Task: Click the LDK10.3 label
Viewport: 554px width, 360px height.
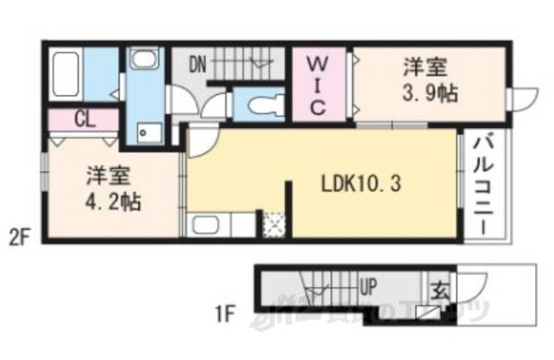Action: pyautogui.click(x=361, y=184)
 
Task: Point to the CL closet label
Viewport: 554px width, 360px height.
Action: pyautogui.click(x=84, y=119)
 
